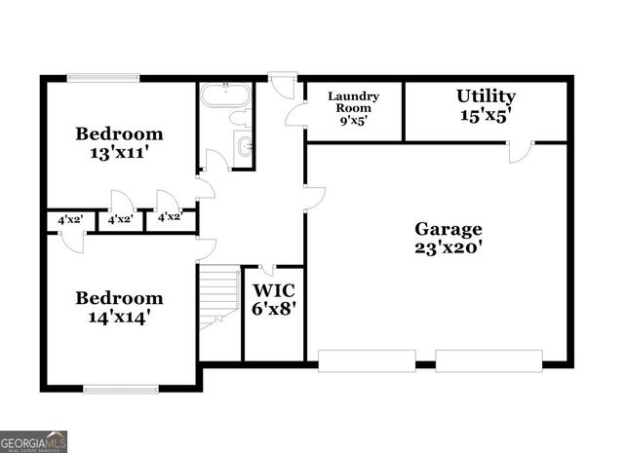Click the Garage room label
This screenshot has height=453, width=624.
[x=448, y=229]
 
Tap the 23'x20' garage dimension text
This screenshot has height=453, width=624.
[x=448, y=247]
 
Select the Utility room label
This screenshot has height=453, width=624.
[x=486, y=96]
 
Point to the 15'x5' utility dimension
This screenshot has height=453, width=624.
[x=486, y=115]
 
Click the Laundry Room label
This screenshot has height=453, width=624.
[x=353, y=102]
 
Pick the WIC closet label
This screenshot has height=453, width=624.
[x=274, y=290]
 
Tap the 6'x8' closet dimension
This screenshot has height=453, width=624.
[x=274, y=310]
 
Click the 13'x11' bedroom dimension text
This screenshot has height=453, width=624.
[x=120, y=153]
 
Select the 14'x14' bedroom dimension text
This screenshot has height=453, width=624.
[x=120, y=317]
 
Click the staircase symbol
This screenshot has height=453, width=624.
[x=219, y=297]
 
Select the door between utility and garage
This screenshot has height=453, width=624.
[x=521, y=151]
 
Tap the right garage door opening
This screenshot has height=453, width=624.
[x=487, y=359]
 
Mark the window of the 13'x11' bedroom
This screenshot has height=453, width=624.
[x=103, y=78]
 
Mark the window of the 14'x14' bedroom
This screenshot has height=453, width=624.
[x=121, y=389]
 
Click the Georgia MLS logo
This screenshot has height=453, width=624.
[x=34, y=441]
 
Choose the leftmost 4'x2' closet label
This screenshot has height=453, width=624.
[x=69, y=220]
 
